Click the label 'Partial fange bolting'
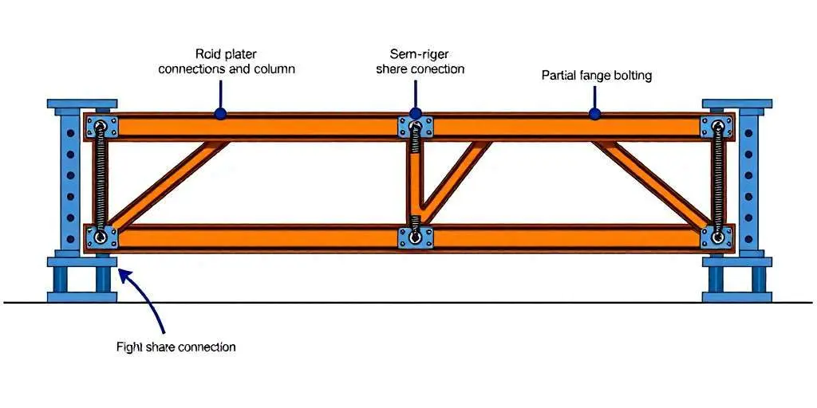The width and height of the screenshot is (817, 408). [x=596, y=76]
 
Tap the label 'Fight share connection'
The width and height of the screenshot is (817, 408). [x=176, y=347]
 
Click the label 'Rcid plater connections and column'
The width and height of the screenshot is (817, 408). [x=227, y=62]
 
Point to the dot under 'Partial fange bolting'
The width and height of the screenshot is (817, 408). [x=594, y=114]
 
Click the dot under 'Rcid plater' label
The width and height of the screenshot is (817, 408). [x=220, y=114]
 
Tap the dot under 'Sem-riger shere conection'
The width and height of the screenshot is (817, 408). [x=415, y=114]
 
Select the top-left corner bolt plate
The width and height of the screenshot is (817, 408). [x=102, y=127]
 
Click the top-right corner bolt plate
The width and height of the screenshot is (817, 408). [x=716, y=127]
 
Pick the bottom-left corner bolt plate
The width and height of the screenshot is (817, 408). [x=101, y=237]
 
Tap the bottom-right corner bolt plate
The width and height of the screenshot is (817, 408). [x=716, y=237]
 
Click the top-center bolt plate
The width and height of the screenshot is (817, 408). [x=415, y=127]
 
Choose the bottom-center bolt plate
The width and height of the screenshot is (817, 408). [x=415, y=237]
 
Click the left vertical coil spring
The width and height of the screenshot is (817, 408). [x=101, y=182]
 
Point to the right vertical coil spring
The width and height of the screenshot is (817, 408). [x=718, y=182]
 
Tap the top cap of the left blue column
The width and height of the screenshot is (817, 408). [x=82, y=104]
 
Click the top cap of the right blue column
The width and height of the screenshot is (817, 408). [x=737, y=104]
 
